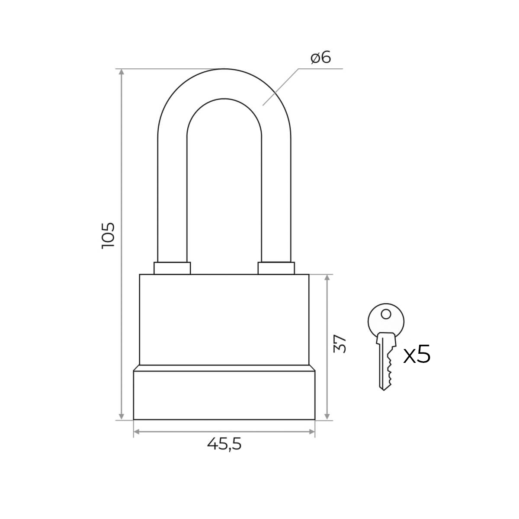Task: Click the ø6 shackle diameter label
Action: pos(320,58)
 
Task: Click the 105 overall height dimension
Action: pos(108,235)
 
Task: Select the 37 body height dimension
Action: pos(340,344)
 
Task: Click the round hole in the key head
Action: pos(386,314)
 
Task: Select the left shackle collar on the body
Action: pos(172,268)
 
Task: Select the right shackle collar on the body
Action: pos(276,268)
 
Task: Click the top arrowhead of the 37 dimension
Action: pos(327,278)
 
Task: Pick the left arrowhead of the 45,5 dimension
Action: pos(137,431)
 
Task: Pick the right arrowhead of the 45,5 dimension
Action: pos(311,431)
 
